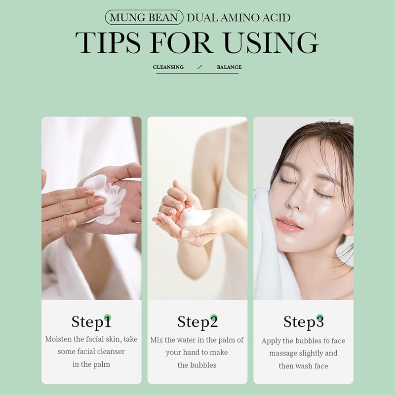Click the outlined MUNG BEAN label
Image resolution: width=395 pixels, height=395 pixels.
(144, 17)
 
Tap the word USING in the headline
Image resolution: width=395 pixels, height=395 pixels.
(271, 42)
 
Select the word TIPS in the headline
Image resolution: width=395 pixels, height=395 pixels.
(108, 42)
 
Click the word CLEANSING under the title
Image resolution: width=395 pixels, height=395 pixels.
(168, 67)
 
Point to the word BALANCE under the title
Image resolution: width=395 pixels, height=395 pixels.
(229, 67)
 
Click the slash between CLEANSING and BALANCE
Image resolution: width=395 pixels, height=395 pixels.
(200, 67)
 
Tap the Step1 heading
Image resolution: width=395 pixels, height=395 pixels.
(91, 322)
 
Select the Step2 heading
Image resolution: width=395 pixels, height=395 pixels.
(197, 322)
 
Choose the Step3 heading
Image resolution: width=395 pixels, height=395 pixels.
(303, 322)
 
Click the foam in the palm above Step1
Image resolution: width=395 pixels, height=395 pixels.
(106, 199)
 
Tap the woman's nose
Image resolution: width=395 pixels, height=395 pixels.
(294, 201)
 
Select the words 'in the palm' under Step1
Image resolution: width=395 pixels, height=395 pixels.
(91, 364)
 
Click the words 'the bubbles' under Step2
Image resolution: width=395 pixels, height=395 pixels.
(197, 365)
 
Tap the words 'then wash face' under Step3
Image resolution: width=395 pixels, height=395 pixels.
(303, 366)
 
